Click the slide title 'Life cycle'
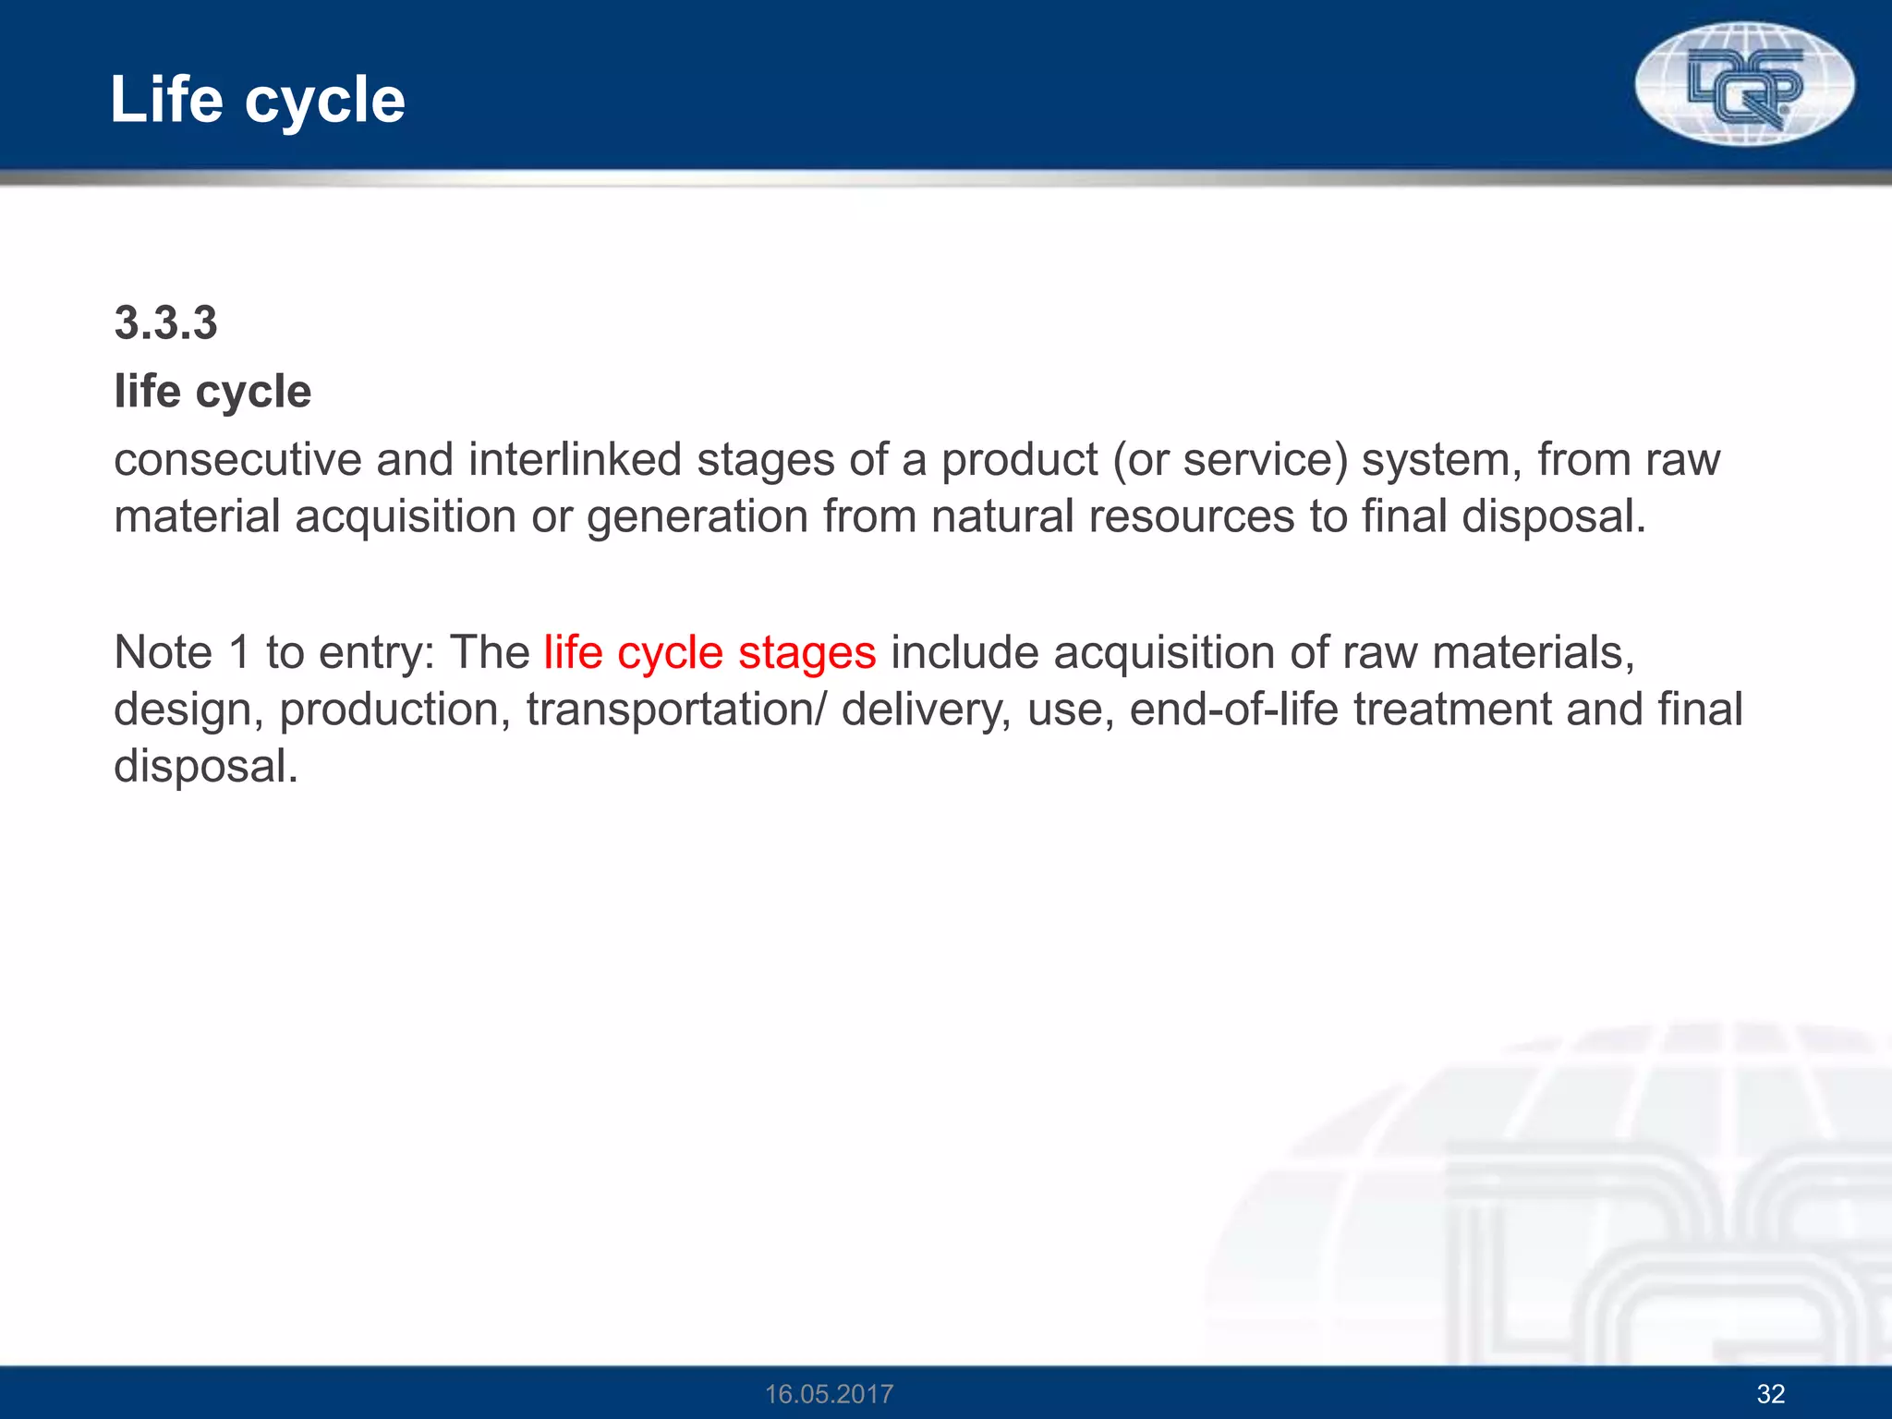[x=257, y=100]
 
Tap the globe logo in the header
[x=1744, y=83]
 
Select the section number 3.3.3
[x=165, y=323]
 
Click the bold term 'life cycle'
[x=212, y=392]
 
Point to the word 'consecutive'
[x=237, y=460]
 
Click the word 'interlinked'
[x=575, y=460]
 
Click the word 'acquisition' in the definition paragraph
[x=406, y=516]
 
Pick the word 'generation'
[x=697, y=516]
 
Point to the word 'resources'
[x=1191, y=516]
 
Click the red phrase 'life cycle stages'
[x=709, y=653]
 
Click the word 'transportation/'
[x=677, y=710]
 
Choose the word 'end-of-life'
[x=1233, y=710]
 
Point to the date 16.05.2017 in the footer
[x=829, y=1394]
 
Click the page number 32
[x=1770, y=1394]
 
